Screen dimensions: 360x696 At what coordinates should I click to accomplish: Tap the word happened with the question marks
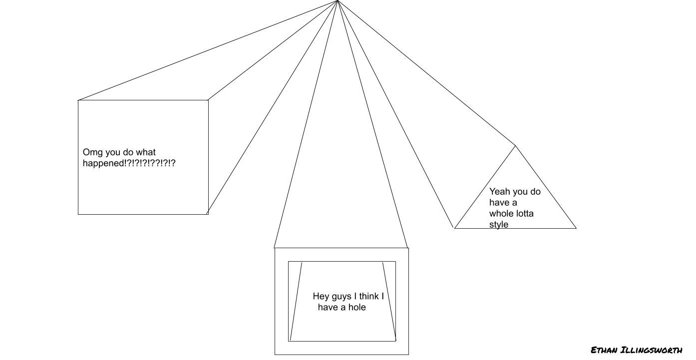129,163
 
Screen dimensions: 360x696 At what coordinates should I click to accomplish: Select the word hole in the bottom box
356,307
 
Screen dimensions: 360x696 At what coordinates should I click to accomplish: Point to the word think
368,296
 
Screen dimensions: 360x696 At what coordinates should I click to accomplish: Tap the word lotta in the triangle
524,214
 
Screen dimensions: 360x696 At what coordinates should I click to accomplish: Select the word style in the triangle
499,225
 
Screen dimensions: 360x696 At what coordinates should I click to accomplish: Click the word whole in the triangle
501,214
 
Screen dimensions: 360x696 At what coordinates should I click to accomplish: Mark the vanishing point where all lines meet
338,1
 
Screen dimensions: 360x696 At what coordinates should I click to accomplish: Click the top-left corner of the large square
78,100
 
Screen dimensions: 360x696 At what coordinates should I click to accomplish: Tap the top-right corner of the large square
208,100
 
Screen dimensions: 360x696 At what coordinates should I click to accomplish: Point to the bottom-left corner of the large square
78,214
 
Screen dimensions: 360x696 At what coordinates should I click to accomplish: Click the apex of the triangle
515,146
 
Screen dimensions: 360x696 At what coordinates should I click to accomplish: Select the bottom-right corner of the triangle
576,228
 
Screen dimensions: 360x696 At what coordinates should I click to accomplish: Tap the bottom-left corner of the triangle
454,228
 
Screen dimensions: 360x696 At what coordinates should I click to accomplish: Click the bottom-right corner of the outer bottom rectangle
408,355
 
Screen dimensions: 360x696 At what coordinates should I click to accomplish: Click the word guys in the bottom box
341,296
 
